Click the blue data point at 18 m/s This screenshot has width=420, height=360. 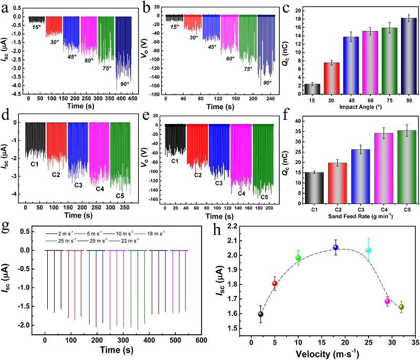point(336,248)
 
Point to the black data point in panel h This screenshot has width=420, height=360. point(260,314)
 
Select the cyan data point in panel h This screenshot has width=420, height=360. point(369,250)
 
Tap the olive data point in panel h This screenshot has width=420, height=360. point(402,307)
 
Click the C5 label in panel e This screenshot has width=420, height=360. point(262,197)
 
